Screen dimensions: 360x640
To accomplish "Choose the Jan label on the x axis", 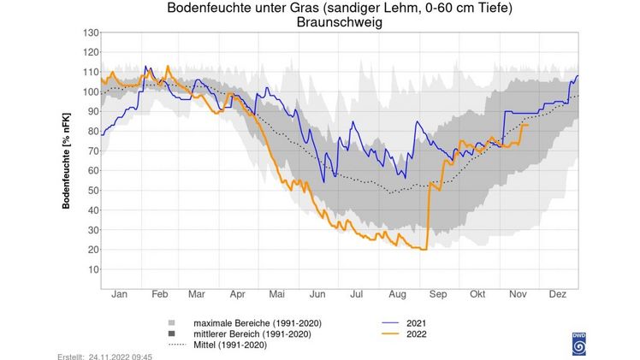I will pos(120,295).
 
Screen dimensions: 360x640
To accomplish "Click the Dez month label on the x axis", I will pos(558,295).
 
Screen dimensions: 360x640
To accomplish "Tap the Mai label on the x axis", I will pos(277,295).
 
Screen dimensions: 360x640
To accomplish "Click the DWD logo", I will pos(578,343).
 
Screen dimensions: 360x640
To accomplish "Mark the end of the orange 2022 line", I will pos(528,125).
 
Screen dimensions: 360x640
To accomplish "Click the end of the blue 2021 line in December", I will pos(578,76).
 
